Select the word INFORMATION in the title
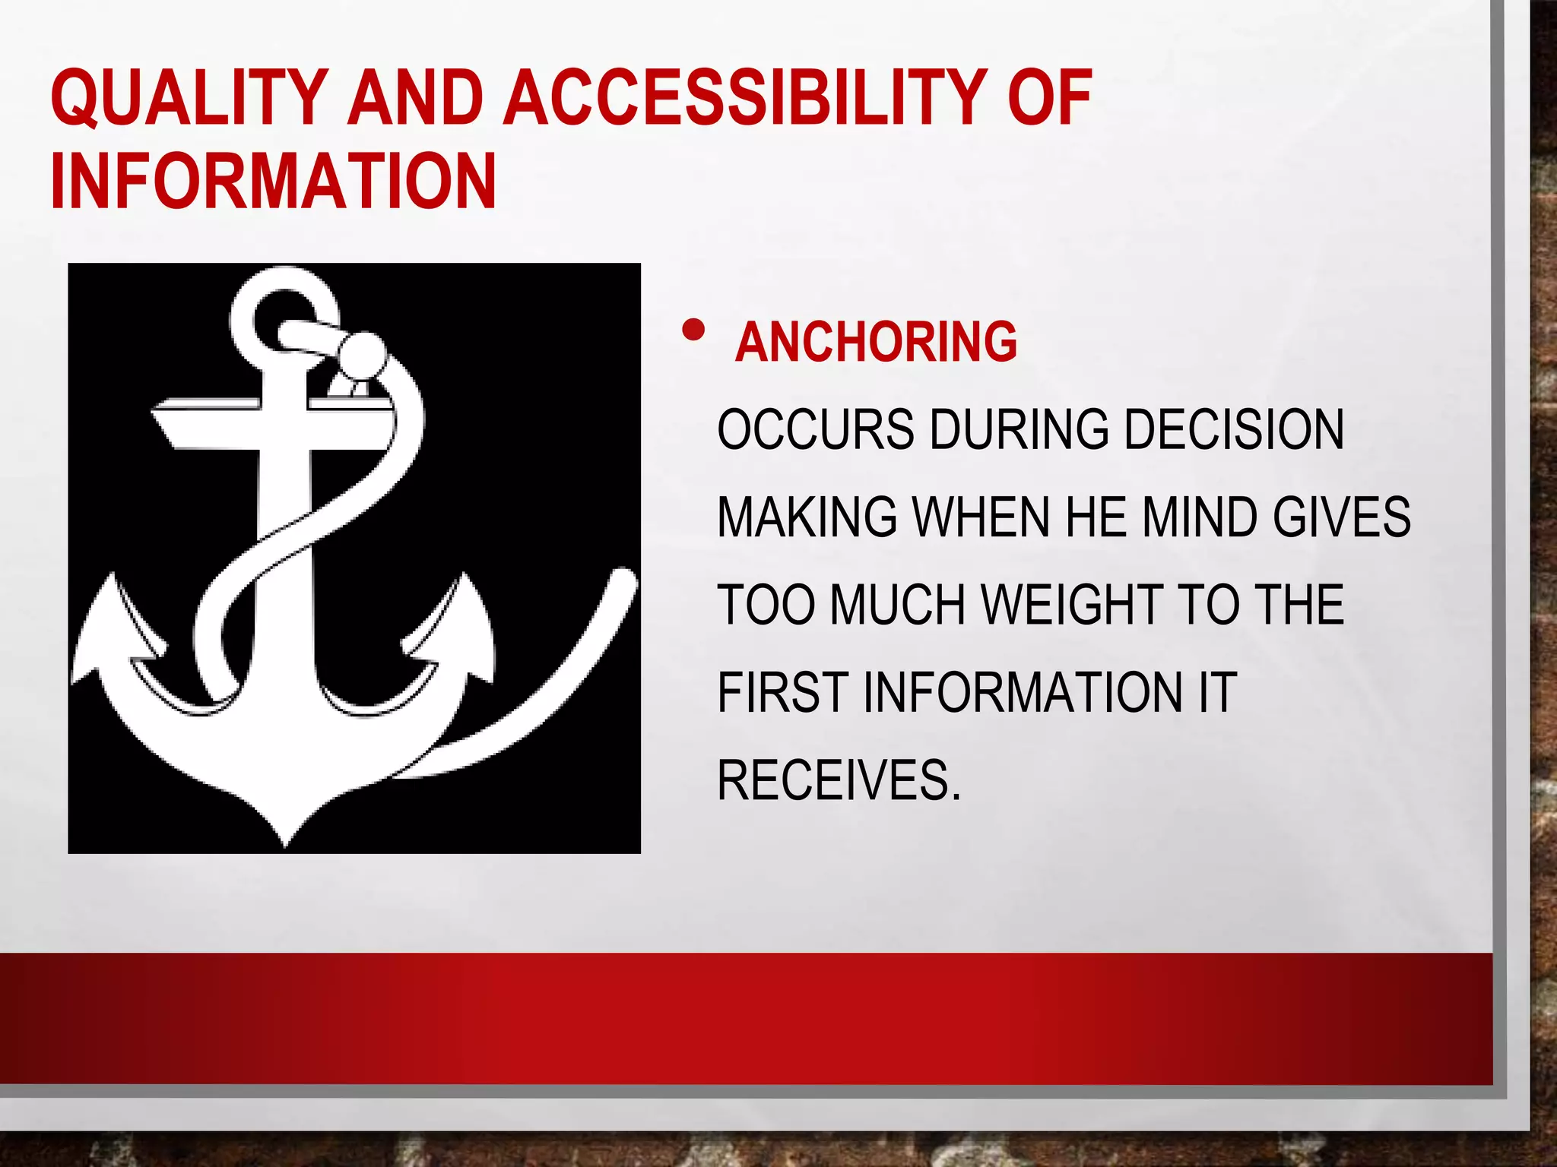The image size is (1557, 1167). (274, 182)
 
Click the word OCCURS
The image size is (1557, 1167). (815, 429)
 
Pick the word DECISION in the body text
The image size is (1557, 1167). (1233, 429)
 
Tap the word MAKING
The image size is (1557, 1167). (807, 517)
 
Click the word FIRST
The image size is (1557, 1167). (782, 692)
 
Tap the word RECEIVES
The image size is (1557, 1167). (839, 780)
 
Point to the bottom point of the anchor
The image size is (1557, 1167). (285, 842)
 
